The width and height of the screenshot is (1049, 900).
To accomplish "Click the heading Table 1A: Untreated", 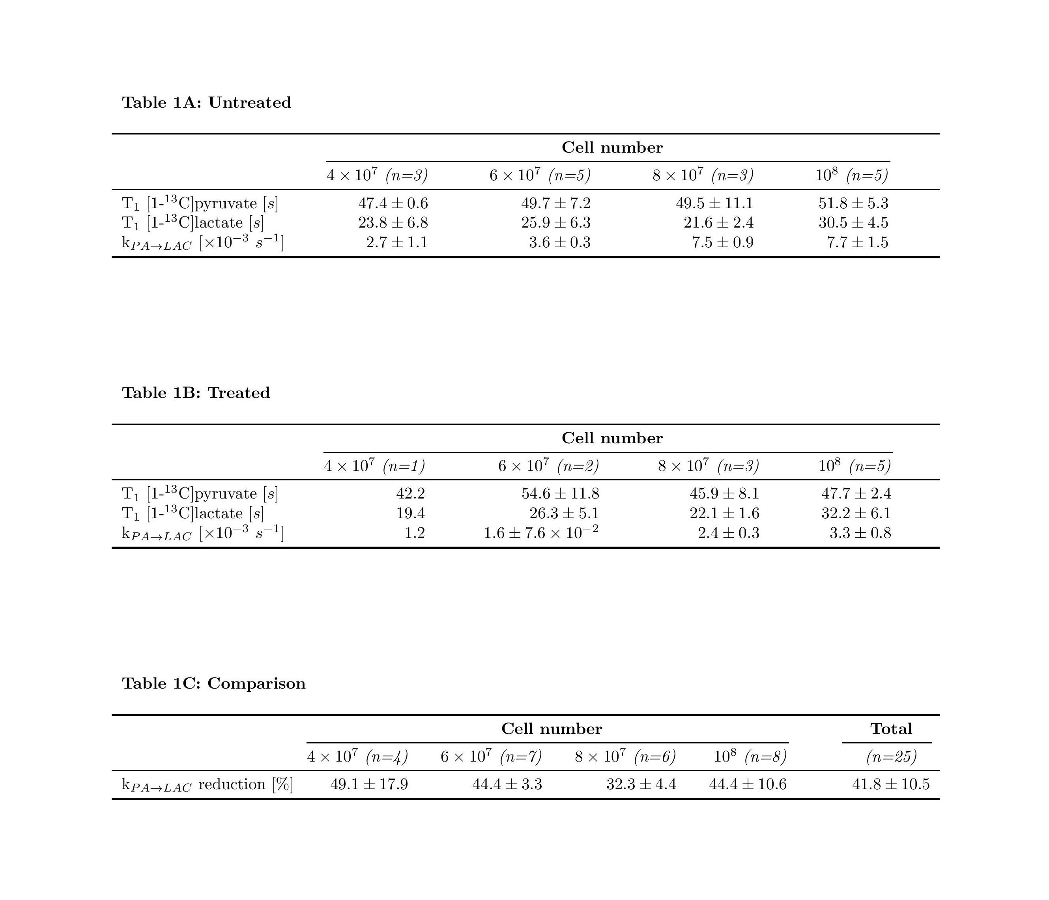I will click(207, 103).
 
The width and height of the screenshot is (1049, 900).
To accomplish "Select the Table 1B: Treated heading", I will click(196, 393).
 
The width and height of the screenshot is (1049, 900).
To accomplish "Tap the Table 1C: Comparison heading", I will click(214, 683).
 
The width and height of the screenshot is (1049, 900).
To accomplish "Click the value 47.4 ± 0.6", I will click(393, 204).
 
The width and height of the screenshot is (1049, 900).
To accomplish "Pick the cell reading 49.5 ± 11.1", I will click(714, 204).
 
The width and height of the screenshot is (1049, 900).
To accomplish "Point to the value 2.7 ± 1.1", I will click(397, 243).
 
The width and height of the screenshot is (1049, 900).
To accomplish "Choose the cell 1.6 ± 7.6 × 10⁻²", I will click(541, 532).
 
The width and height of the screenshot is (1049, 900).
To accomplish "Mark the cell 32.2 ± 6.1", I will click(856, 513).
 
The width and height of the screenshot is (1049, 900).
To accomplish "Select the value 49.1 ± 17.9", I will click(369, 784).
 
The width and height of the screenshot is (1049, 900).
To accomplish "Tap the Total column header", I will click(891, 729).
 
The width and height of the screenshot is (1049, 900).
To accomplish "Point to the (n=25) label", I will click(891, 757).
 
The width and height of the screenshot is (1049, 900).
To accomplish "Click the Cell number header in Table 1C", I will click(552, 729).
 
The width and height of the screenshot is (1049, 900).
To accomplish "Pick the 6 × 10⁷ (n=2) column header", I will click(548, 466).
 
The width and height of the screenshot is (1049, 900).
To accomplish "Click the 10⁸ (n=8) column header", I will click(750, 757).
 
